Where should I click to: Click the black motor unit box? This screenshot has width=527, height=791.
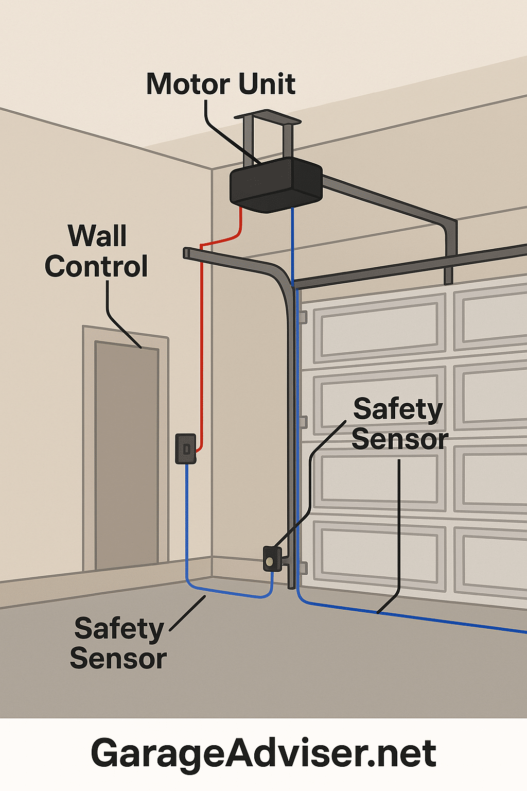[x=276, y=185]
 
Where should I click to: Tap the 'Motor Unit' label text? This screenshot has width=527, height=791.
[x=221, y=84]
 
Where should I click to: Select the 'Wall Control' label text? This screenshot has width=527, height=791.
[x=96, y=251]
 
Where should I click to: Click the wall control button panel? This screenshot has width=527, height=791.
[x=186, y=449]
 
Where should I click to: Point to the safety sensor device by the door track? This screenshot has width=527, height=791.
[x=272, y=558]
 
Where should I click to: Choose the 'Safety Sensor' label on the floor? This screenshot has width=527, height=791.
[x=118, y=643]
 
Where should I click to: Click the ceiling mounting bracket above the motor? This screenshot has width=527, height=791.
[x=268, y=136]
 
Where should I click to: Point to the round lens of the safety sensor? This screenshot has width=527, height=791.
[x=270, y=561]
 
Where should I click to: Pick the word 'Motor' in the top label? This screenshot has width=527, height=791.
[x=188, y=84]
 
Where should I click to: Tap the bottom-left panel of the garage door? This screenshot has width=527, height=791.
[x=379, y=555]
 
